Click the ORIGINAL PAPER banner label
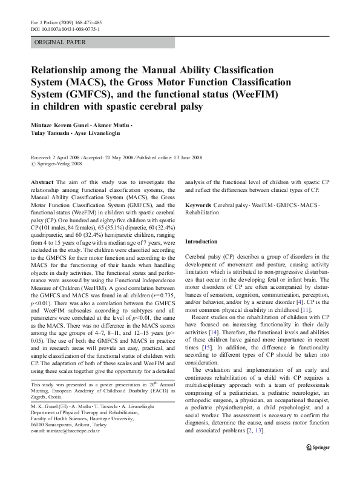click(x=61, y=42)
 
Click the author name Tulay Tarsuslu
click(x=51, y=133)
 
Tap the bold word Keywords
click(x=198, y=205)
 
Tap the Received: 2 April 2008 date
click(x=55, y=156)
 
